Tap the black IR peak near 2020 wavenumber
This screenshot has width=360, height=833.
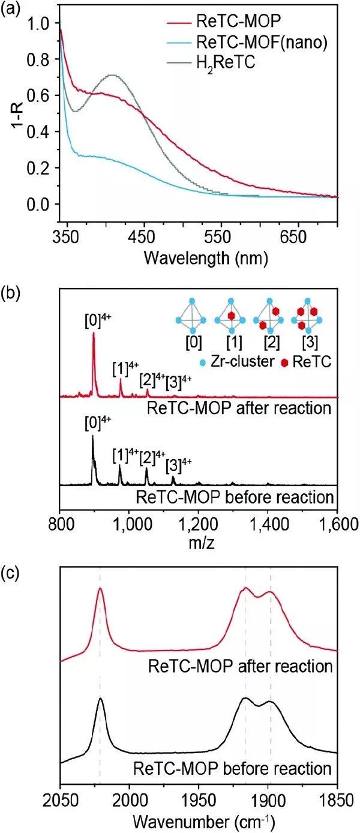click(x=100, y=699)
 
